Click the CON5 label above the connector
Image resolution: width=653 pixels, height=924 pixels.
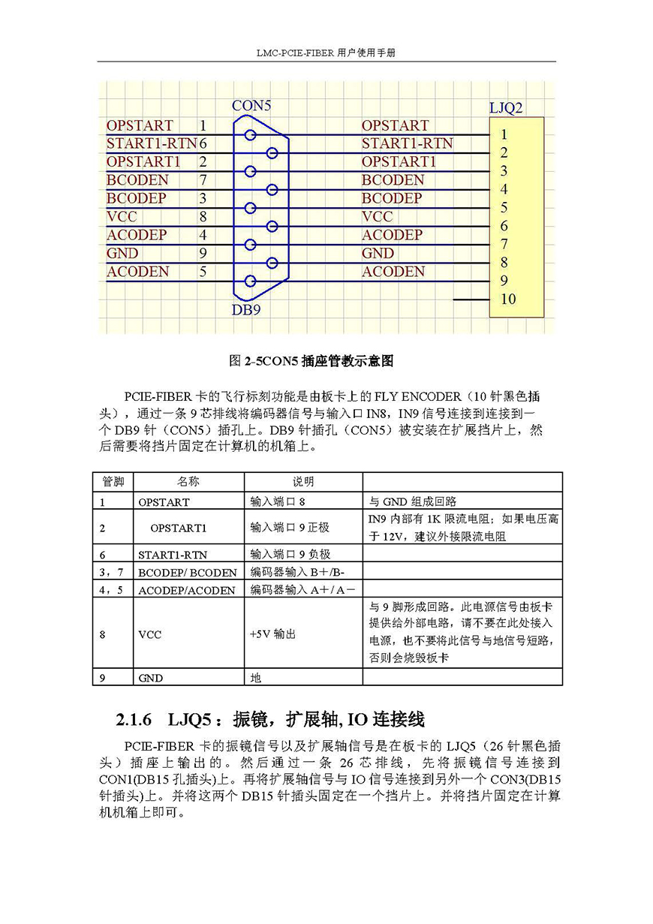coord(251,106)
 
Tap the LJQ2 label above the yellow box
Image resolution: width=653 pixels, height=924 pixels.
coord(506,109)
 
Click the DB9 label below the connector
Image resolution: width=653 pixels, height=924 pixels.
coord(245,309)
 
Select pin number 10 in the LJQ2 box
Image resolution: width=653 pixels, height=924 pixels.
coord(508,299)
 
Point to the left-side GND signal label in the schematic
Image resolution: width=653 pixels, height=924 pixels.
coord(122,254)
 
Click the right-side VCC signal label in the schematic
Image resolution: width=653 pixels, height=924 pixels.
coord(377,217)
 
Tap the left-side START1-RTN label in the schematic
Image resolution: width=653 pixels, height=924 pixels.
coord(152,143)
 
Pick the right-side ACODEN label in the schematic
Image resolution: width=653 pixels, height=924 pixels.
coord(393,272)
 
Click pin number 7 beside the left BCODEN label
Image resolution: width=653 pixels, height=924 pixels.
coord(203,180)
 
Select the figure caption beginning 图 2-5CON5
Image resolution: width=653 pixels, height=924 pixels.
coord(310,361)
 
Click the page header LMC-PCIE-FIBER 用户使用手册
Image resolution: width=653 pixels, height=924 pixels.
coord(326,53)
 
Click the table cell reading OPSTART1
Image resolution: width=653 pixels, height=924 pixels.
coord(178,528)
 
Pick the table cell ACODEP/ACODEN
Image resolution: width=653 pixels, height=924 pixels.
coord(186,590)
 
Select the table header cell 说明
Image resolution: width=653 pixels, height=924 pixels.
coord(303,482)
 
